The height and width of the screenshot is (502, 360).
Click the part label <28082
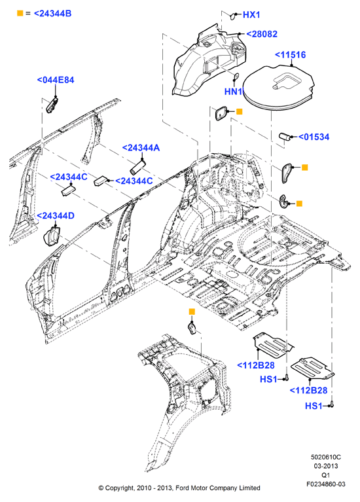tap(262, 34)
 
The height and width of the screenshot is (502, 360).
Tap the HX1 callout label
tap(251, 15)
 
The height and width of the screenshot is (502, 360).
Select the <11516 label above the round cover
tap(291, 55)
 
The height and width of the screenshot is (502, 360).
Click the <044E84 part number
tap(56, 80)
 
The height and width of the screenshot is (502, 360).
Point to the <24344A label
tap(141, 148)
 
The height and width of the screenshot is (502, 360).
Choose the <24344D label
tap(56, 216)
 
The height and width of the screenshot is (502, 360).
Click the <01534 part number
tap(314, 137)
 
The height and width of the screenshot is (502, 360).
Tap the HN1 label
tap(233, 92)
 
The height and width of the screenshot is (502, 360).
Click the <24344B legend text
tap(52, 14)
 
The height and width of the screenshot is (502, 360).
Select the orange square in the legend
tap(20, 13)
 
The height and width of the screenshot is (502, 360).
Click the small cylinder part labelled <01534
tap(285, 136)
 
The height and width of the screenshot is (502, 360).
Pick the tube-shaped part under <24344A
tap(137, 167)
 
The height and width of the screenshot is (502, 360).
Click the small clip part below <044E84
tap(52, 105)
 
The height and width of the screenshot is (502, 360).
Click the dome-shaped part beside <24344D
tap(51, 236)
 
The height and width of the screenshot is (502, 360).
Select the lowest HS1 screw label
tap(314, 406)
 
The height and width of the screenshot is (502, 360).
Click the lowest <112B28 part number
tap(308, 391)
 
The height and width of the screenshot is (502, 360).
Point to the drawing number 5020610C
tap(326, 457)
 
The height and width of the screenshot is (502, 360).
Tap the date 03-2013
tap(326, 466)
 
